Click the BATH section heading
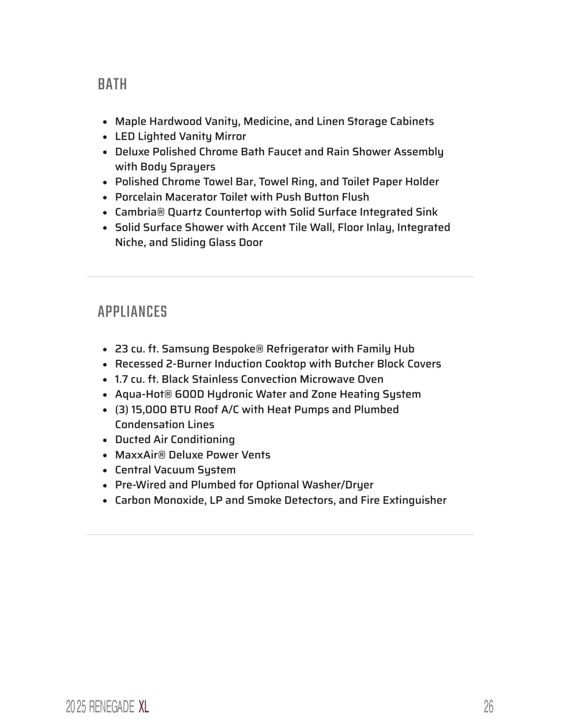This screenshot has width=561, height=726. point(112,84)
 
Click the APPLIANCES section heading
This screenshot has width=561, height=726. point(132,312)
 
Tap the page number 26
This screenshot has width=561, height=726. point(488,706)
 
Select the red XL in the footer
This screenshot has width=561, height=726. point(144,706)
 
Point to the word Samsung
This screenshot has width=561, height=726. point(185,349)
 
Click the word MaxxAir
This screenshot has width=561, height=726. point(137,455)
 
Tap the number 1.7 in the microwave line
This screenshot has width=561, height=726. point(121,379)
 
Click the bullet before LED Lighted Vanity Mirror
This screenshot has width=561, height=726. point(105,137)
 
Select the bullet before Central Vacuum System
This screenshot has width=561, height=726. point(105,470)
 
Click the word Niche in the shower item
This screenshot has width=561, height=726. point(129,243)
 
